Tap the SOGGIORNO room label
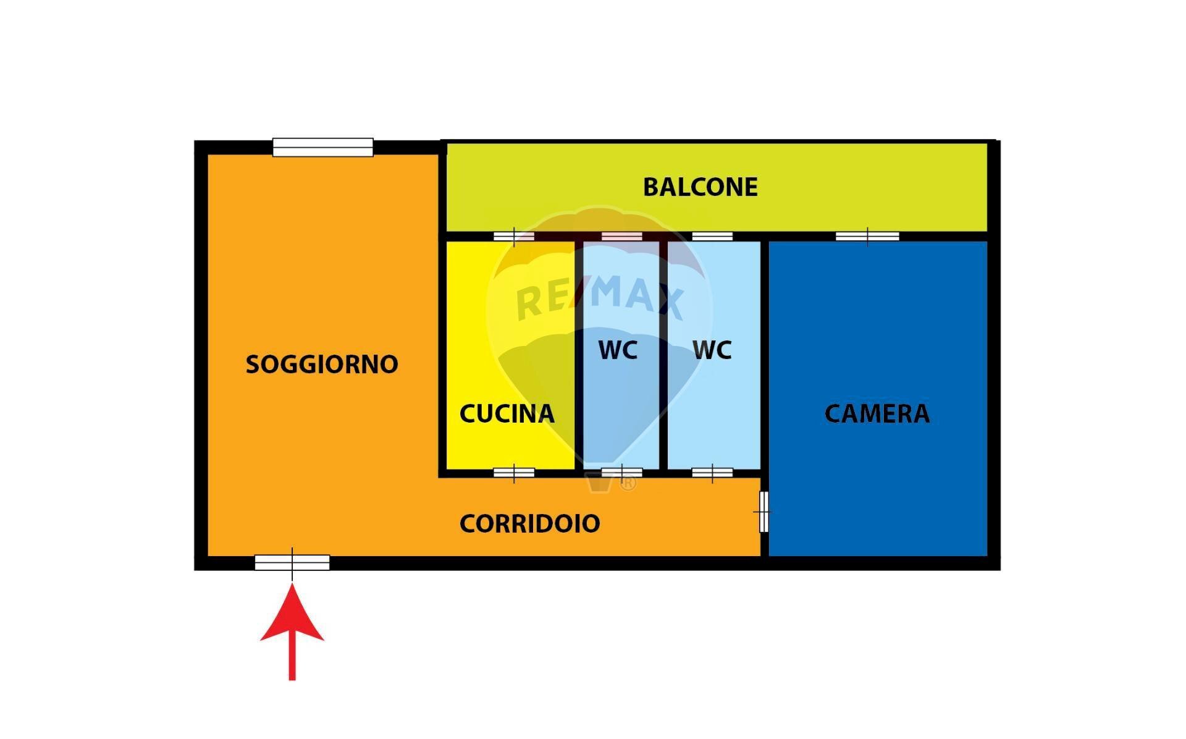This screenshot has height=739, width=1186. click(322, 364)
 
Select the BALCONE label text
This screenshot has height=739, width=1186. click(700, 187)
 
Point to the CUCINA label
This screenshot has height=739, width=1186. click(507, 413)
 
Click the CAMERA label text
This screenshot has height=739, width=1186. click(877, 413)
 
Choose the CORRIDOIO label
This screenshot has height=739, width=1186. click(529, 523)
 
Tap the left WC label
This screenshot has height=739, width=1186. click(618, 350)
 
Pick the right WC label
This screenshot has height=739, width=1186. click(712, 350)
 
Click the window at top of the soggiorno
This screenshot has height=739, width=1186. click(323, 147)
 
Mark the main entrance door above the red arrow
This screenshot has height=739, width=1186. click(292, 562)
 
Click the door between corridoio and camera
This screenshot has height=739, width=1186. click(764, 512)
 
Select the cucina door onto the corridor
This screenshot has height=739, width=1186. click(514, 473)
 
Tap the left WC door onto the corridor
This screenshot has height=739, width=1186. click(621, 473)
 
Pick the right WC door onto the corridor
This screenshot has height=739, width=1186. click(712, 473)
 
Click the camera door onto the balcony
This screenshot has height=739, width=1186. click(867, 236)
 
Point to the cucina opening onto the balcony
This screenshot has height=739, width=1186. click(514, 236)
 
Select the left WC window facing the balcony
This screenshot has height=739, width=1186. click(621, 236)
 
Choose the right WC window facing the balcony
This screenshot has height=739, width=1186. click(712, 236)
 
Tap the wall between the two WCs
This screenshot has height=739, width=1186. click(663, 355)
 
